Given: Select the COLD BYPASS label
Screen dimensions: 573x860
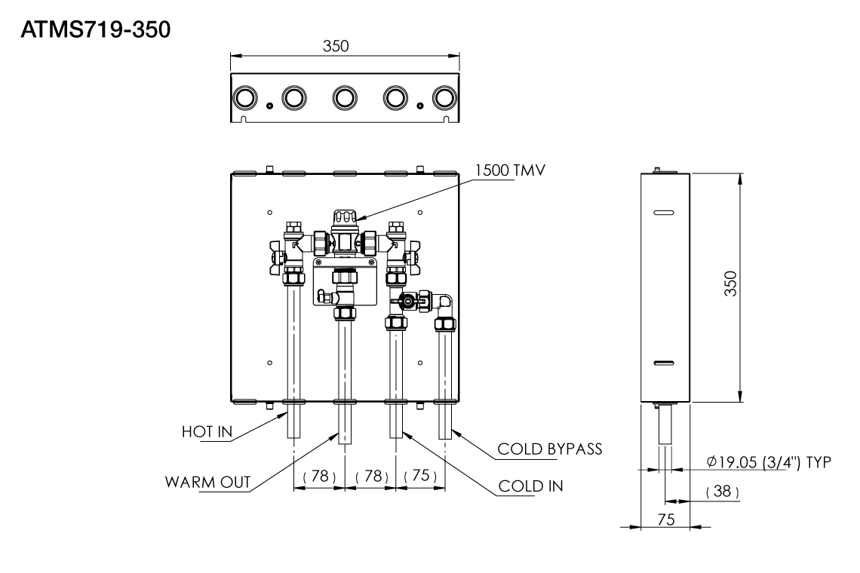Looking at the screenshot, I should pyautogui.click(x=550, y=449).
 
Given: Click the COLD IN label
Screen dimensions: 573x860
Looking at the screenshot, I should pyautogui.click(x=531, y=486).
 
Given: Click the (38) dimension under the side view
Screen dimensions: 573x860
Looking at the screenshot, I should pyautogui.click(x=722, y=491).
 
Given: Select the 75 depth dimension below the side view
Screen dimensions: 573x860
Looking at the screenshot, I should pyautogui.click(x=665, y=519).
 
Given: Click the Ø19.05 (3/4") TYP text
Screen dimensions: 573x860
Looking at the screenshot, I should pyautogui.click(x=769, y=461).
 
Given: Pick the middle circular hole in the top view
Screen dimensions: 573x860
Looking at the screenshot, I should pyautogui.click(x=344, y=98).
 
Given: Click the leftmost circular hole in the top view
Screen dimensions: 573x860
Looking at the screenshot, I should pyautogui.click(x=244, y=98).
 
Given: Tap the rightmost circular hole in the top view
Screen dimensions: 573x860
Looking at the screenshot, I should pyautogui.click(x=444, y=98).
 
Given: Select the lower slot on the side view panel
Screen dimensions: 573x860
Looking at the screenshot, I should pyautogui.click(x=665, y=364).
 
